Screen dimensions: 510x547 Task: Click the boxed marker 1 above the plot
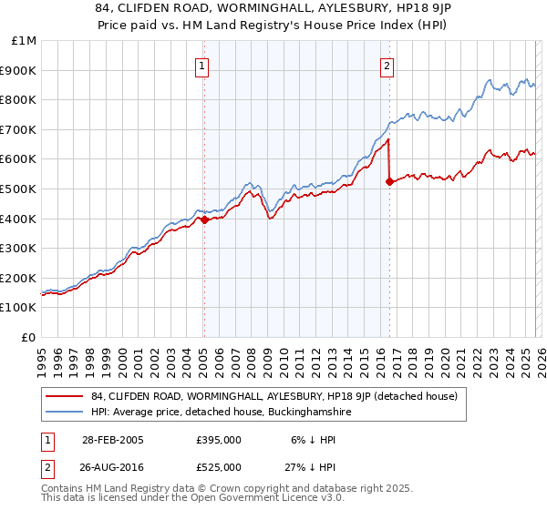201,65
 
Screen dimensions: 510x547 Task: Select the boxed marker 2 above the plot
387,65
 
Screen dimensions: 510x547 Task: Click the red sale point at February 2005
204,219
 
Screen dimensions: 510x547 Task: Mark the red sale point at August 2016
389,181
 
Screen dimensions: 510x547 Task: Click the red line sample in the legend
64,395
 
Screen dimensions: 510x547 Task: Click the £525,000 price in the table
219,467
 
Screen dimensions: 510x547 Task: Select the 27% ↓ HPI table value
316,467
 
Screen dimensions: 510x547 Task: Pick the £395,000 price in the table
219,439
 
